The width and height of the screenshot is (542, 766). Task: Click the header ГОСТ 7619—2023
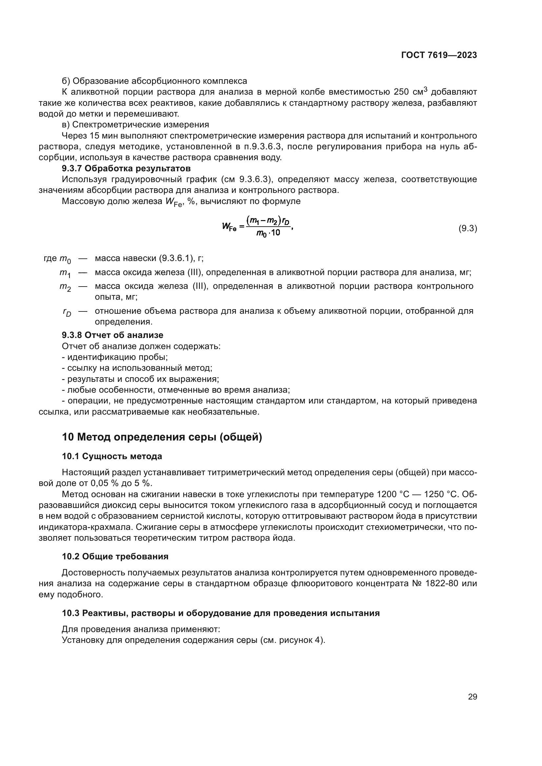click(x=439, y=55)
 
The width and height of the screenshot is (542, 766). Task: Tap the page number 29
click(x=472, y=697)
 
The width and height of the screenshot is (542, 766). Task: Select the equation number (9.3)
click(x=468, y=229)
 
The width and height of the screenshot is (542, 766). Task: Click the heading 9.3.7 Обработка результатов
click(x=126, y=168)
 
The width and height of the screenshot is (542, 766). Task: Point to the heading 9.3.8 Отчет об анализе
click(x=112, y=335)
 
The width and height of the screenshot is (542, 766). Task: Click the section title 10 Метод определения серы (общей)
click(x=162, y=437)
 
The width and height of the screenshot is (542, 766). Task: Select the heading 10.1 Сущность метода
click(x=112, y=457)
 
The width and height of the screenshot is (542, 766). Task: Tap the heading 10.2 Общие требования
click(x=115, y=556)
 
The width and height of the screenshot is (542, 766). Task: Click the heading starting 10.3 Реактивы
click(x=221, y=613)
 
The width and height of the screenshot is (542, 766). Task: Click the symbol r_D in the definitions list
click(x=67, y=312)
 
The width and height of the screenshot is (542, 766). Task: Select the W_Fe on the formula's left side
click(x=229, y=227)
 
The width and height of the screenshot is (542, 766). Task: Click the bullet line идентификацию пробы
click(x=115, y=357)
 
